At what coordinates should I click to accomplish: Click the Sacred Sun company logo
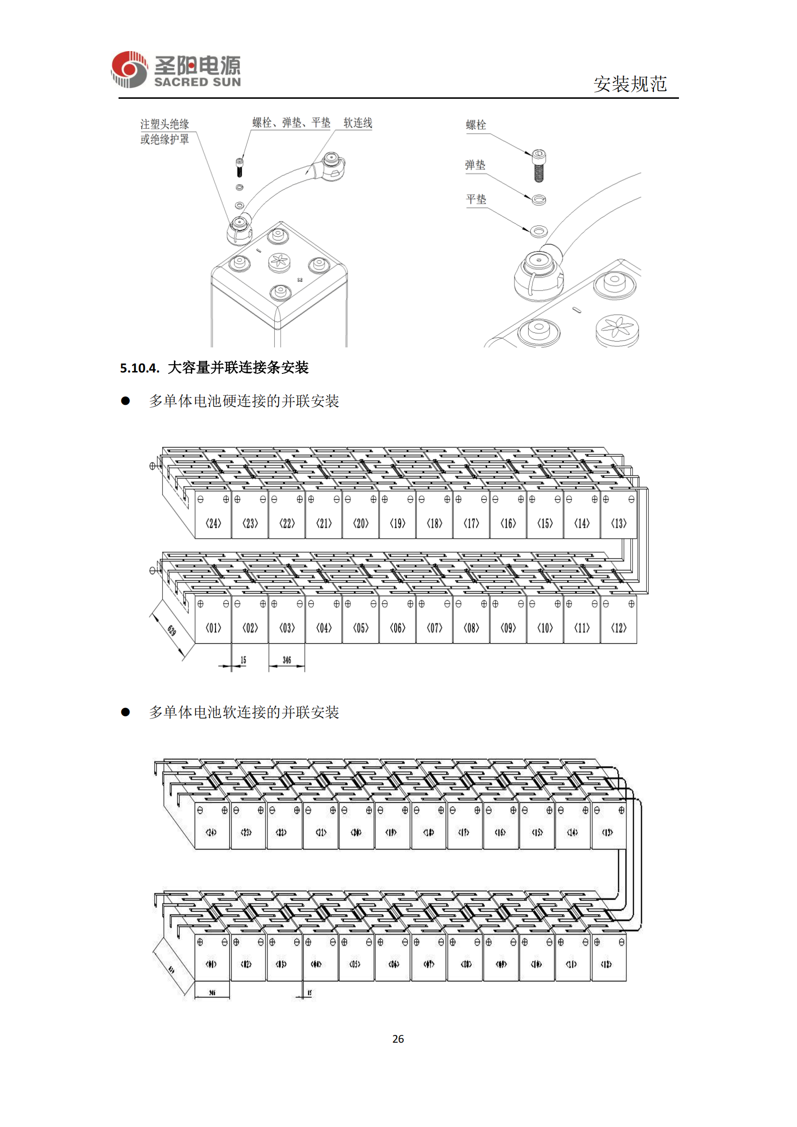pos(176,70)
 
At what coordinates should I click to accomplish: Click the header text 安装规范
pos(630,84)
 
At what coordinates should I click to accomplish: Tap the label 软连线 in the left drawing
pos(357,123)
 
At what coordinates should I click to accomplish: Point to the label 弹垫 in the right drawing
pos(475,165)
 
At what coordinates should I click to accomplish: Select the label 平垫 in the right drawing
pos(476,199)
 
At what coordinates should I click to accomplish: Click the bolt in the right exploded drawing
pos(538,165)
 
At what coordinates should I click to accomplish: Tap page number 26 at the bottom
pos(398,1039)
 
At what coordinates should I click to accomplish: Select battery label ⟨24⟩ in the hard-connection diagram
pos(213,523)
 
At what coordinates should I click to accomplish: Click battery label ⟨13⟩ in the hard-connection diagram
pos(618,523)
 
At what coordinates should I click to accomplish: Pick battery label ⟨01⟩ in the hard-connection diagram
pos(213,628)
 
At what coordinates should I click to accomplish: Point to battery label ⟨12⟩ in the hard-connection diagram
pos(618,628)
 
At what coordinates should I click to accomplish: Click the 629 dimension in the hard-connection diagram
pos(171,630)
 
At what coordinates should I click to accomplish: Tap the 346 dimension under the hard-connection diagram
pos(287,660)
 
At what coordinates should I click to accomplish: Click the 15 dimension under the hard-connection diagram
pos(243,660)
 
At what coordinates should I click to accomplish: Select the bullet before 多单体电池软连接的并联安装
pos(126,712)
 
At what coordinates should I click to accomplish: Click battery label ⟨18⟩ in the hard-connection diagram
pos(434,523)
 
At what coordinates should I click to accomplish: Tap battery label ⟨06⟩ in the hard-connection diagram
pos(398,628)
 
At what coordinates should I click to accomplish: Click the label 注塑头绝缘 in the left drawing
pos(164,124)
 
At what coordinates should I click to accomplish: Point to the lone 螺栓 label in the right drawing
pos(476,125)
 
